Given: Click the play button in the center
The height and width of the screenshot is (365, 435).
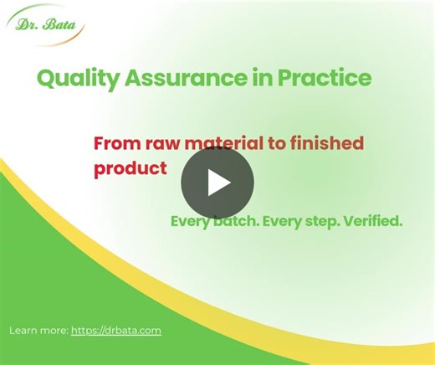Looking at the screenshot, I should (x=217, y=182).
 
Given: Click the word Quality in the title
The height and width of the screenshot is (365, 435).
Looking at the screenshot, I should (x=69, y=80).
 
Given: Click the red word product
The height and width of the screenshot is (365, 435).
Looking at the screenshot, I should (x=130, y=167).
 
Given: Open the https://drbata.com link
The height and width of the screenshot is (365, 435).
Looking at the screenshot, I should (x=116, y=331).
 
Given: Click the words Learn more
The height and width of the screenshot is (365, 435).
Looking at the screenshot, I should (x=38, y=331).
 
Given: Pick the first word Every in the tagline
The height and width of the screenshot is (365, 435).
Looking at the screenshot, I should (x=192, y=222).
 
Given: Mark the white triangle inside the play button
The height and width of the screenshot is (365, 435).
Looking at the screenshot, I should (x=219, y=182).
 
